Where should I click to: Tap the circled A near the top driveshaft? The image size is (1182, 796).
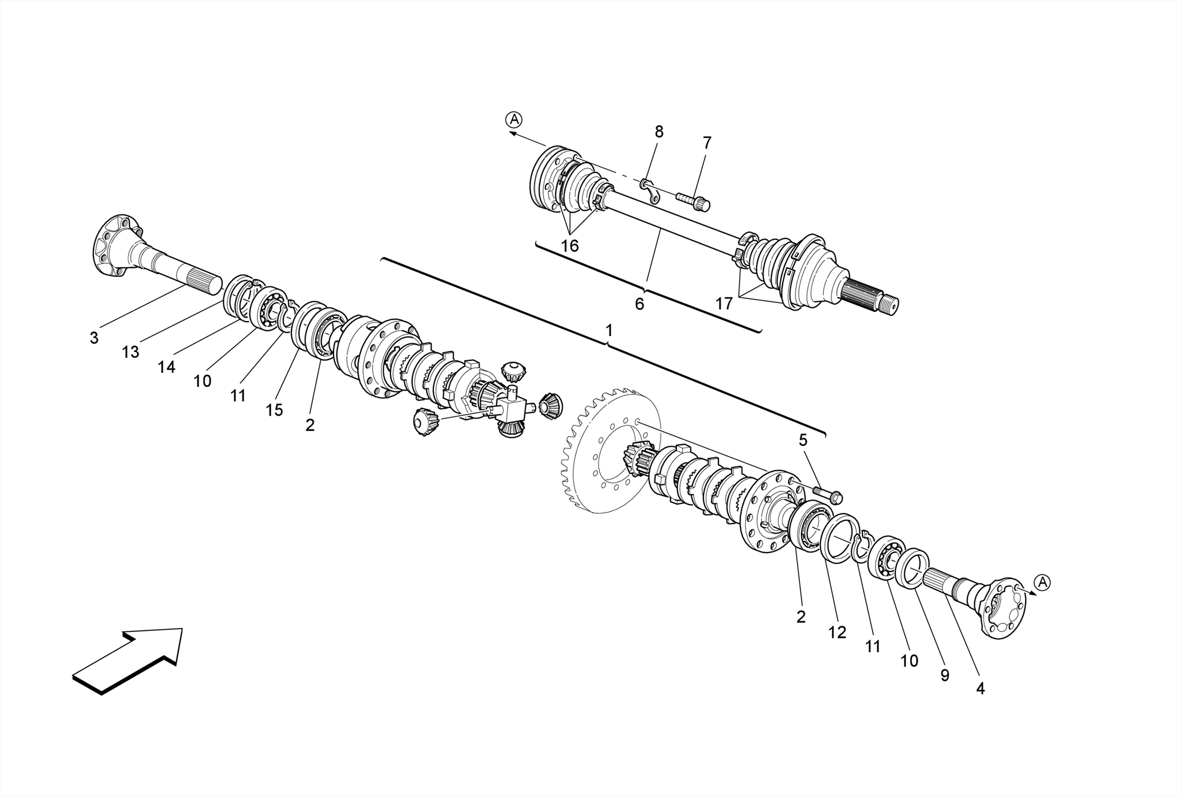[x=513, y=119]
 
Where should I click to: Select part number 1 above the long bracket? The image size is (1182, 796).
[x=608, y=330]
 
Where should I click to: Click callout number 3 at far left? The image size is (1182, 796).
[x=94, y=338]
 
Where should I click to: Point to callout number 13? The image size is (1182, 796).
[x=130, y=352]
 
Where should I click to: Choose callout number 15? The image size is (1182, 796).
[x=274, y=410]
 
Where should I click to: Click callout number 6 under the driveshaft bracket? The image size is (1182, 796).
[x=639, y=304]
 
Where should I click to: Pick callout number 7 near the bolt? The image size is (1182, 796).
[x=707, y=143]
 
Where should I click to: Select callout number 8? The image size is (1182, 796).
[x=659, y=132]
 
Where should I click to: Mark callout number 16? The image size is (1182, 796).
[x=569, y=246]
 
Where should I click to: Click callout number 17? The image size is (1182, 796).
[x=724, y=304]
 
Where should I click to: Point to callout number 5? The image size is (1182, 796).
[x=803, y=440]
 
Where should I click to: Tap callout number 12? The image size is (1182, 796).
[x=837, y=633]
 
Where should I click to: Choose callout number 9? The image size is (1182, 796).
[x=944, y=675]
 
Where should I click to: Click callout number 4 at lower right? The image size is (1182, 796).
[x=980, y=689]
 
